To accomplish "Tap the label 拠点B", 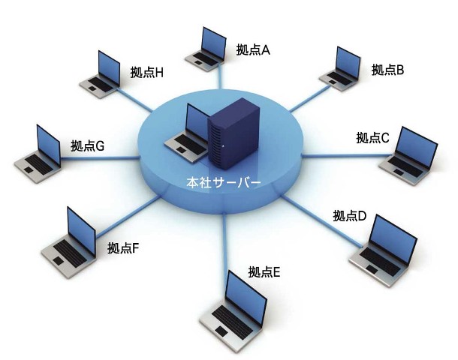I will [387, 70].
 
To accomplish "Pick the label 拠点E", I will [264, 272].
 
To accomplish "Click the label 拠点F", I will [123, 247].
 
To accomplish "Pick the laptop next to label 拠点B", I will [342, 67].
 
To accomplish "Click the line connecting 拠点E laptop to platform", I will [225, 240].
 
